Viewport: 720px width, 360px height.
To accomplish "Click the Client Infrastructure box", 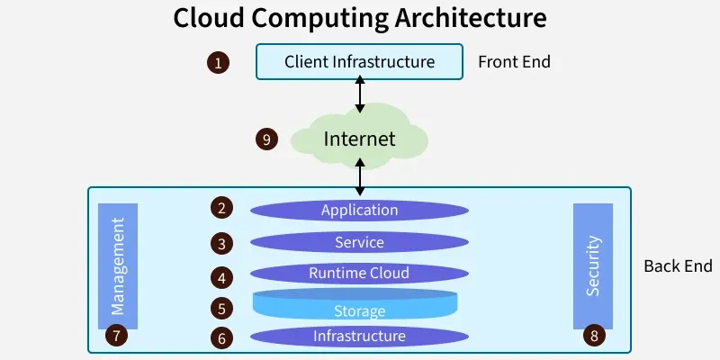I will (x=359, y=62).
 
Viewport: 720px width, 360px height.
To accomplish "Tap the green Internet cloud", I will (x=359, y=139).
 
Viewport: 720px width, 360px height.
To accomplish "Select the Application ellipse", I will (x=359, y=211).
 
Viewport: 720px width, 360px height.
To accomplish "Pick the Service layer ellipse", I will (x=359, y=242).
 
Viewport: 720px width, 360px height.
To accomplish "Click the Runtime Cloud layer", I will (x=359, y=273).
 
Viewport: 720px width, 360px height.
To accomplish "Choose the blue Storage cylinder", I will (x=359, y=306).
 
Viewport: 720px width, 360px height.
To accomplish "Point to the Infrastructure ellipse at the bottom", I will (x=359, y=337).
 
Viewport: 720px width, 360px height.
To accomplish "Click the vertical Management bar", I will (x=117, y=265).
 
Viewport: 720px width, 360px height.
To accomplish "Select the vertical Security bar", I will (x=592, y=265).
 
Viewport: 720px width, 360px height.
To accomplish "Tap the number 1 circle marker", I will (x=217, y=63).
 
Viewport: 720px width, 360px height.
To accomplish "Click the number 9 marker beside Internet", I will (x=265, y=139).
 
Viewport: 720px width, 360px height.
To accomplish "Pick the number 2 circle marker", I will (x=221, y=208).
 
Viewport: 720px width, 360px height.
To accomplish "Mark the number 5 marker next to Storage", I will (x=221, y=308).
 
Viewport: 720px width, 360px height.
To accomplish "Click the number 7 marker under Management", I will (x=115, y=336).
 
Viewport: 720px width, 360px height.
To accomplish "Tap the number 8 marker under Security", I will (x=593, y=336).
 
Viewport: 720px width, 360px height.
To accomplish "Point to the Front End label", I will (x=514, y=62).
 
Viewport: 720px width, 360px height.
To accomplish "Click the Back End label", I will (x=678, y=266).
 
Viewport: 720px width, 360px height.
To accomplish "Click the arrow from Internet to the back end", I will (x=361, y=175).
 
